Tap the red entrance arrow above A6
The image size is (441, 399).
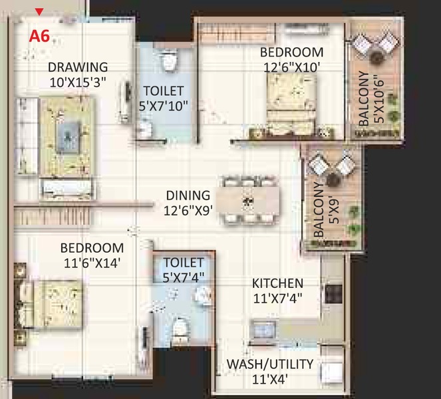[x=39, y=11]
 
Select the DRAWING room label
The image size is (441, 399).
[x=77, y=67]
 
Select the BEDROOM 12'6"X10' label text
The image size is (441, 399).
[x=291, y=59]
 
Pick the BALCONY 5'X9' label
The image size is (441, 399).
[x=327, y=209]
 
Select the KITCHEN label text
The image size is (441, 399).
[x=277, y=284]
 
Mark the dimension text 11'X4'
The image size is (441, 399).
[x=271, y=380]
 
